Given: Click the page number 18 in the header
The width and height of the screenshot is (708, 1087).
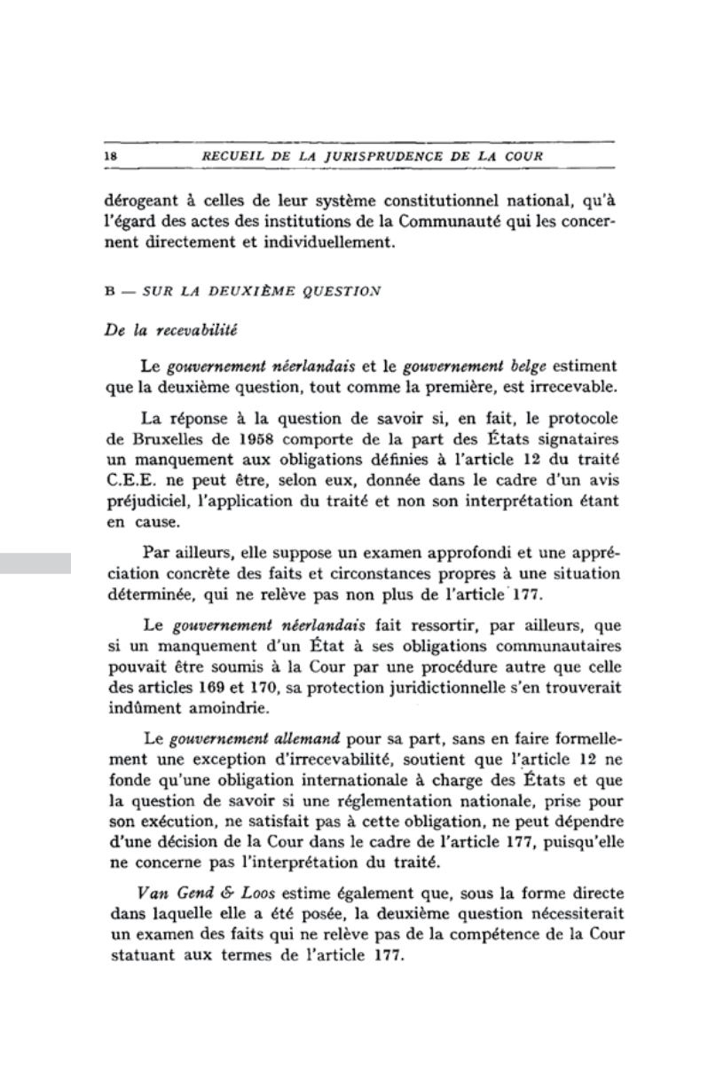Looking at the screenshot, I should [x=112, y=156].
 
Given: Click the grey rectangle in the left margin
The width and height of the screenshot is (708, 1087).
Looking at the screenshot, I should [x=35, y=563].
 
